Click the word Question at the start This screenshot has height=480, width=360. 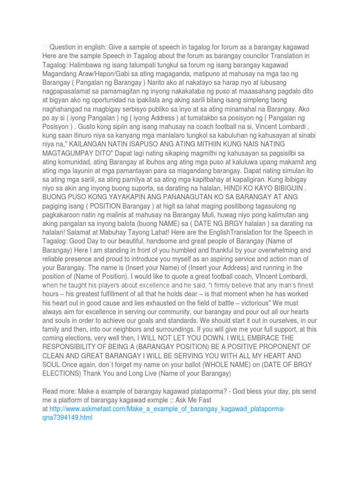tap(64, 47)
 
